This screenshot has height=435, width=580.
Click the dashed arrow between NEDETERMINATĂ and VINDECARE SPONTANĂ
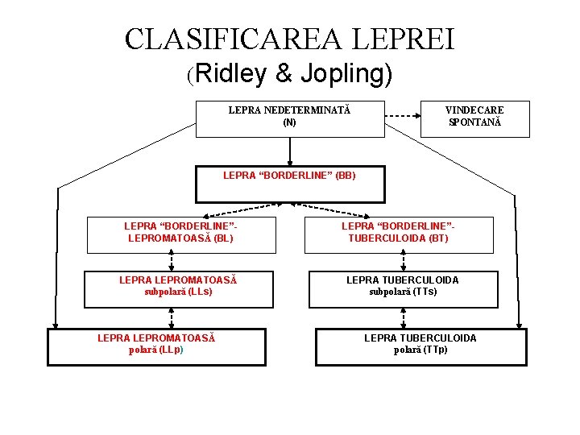403,118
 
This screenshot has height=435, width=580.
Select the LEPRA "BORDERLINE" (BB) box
290,184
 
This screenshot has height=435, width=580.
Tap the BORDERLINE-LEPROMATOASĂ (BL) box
180,233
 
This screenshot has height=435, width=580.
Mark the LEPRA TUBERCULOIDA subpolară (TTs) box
402,290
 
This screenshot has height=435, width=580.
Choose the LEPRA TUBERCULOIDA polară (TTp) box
420,346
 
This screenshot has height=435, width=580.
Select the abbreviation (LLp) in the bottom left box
171,350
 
